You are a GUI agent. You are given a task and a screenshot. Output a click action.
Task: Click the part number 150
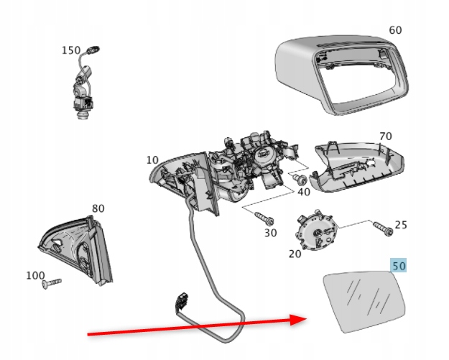coord(71,50)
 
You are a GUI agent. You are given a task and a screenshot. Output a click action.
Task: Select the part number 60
coord(395,30)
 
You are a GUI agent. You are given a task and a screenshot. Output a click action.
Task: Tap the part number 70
coord(385,136)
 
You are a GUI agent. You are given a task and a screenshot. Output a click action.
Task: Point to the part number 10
coord(152,160)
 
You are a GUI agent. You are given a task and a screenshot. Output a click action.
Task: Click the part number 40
coord(303,192)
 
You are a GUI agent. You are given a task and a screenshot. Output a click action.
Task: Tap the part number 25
coord(400,225)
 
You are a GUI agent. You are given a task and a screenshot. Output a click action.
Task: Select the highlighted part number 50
coord(399,267)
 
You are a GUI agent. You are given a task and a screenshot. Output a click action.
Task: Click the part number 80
coord(98,209)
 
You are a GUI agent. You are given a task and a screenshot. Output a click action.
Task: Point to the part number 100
coord(34,275)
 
